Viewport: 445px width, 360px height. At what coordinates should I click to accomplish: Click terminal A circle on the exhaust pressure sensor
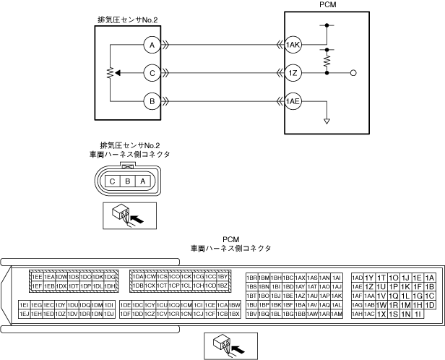pyautogui.click(x=151, y=45)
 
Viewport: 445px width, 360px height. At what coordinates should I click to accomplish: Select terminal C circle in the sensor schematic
pyautogui.click(x=151, y=73)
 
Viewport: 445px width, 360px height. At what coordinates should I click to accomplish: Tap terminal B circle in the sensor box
pyautogui.click(x=151, y=101)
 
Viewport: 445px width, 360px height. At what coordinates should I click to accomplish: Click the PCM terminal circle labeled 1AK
pyautogui.click(x=293, y=45)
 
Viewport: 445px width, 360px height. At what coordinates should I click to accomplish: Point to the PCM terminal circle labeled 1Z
pyautogui.click(x=293, y=73)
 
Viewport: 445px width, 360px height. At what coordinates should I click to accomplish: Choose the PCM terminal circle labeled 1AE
pyautogui.click(x=293, y=101)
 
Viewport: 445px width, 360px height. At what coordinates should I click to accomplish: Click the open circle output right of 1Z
pyautogui.click(x=353, y=73)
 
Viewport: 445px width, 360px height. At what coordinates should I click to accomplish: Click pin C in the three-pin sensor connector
pyautogui.click(x=113, y=180)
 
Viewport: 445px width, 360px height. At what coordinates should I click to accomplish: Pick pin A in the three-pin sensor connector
pyautogui.click(x=142, y=180)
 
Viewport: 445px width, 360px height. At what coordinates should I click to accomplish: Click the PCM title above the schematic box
pyautogui.click(x=327, y=5)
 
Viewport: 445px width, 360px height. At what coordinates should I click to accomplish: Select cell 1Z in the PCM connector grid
pyautogui.click(x=369, y=286)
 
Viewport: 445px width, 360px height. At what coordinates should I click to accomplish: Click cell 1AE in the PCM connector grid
pyautogui.click(x=357, y=286)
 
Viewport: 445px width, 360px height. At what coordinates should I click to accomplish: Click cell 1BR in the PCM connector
pyautogui.click(x=252, y=278)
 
